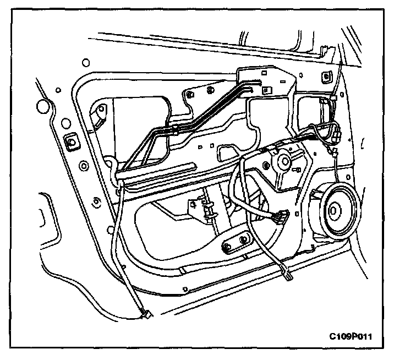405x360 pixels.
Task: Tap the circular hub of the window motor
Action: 285,161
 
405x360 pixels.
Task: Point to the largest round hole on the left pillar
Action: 65,122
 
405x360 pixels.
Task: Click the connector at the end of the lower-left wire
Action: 146,314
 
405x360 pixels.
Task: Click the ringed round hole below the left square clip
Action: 84,165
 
